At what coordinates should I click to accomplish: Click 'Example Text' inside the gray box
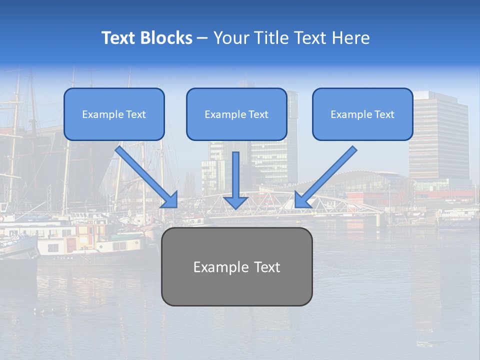click(236, 267)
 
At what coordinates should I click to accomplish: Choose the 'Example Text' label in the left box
click(114, 114)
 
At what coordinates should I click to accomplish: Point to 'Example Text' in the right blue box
click(362, 114)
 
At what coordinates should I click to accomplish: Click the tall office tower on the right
click(438, 135)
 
